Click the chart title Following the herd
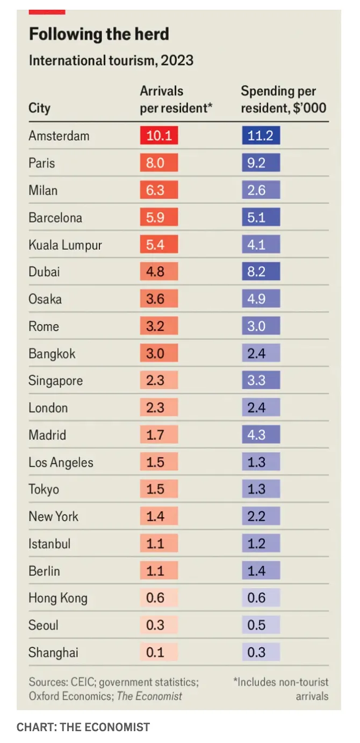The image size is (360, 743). (99, 34)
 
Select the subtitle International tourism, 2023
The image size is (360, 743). (111, 60)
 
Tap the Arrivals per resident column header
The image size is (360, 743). (176, 99)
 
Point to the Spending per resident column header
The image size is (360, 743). (283, 99)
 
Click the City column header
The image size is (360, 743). (39, 108)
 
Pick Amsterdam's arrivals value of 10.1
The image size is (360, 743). (159, 135)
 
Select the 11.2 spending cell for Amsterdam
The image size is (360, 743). (261, 135)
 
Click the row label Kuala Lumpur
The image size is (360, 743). (65, 245)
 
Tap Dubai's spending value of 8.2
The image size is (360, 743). (261, 272)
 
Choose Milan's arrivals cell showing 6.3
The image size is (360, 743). (159, 190)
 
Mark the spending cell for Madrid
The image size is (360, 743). (261, 435)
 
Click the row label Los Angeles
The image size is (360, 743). (61, 462)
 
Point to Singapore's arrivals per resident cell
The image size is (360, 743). (159, 381)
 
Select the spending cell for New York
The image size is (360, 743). (261, 517)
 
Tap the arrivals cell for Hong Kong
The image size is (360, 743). (159, 598)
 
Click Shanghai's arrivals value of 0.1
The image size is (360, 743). (159, 653)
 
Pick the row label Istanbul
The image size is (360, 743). (49, 544)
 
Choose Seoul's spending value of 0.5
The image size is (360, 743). (261, 625)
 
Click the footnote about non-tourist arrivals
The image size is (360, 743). (280, 689)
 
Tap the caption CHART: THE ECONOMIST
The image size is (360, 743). (83, 727)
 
